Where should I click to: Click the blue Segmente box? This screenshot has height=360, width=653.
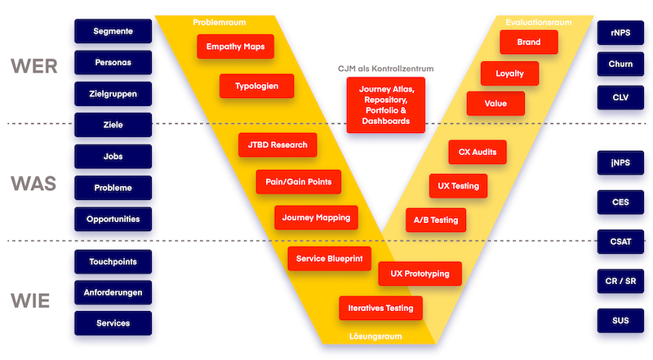click(x=113, y=31)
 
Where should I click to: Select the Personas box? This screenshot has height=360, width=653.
click(x=113, y=62)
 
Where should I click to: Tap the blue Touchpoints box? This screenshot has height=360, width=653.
click(x=113, y=261)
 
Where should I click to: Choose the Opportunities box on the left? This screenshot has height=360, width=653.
click(x=113, y=219)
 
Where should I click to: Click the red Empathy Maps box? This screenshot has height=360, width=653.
click(x=235, y=47)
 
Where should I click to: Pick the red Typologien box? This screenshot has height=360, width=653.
click(x=256, y=86)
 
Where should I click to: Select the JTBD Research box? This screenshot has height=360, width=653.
click(x=278, y=145)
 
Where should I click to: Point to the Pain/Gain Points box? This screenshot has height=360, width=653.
click(x=298, y=181)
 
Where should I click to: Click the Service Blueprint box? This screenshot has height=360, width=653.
click(x=330, y=259)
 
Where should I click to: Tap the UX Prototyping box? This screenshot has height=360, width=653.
click(x=420, y=273)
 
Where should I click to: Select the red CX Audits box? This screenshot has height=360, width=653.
click(x=478, y=152)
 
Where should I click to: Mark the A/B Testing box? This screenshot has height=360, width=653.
click(x=436, y=220)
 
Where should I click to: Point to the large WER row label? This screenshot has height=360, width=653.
click(x=33, y=66)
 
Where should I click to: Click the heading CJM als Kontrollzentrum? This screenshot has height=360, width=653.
click(x=386, y=69)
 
